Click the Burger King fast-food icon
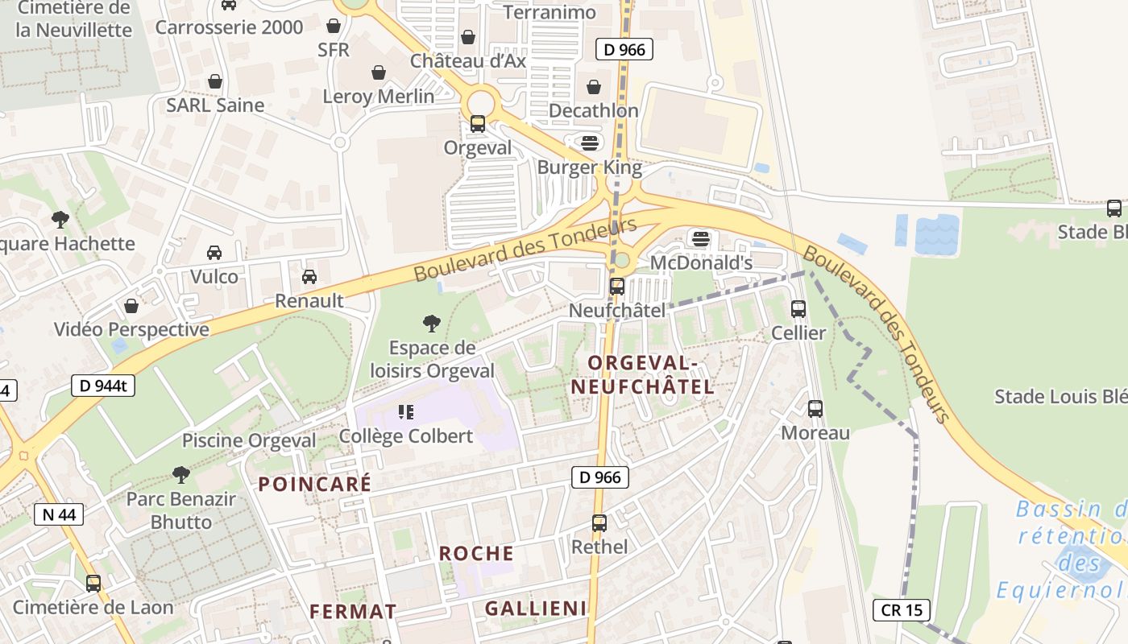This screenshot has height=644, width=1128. (591, 143)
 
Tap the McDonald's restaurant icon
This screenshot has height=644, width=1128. (701, 238)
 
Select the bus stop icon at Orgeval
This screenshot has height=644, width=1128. (478, 124)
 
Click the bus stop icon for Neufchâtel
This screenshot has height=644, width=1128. (617, 286)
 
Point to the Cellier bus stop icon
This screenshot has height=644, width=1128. (798, 308)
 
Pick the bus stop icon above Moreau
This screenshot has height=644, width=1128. (815, 408)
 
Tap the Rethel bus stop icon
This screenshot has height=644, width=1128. (599, 522)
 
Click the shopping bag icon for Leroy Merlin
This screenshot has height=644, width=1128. (379, 73)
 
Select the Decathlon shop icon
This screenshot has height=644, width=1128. (594, 86)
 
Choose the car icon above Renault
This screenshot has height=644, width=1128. (309, 277)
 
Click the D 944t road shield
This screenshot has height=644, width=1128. (103, 386)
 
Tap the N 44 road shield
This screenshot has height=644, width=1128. (59, 514)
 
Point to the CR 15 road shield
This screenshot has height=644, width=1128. (902, 609)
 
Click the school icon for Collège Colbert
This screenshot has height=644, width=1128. (406, 412)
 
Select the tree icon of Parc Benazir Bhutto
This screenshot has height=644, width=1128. (181, 475)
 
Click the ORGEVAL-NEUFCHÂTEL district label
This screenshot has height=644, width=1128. (642, 374)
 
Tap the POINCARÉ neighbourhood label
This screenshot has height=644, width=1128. (314, 484)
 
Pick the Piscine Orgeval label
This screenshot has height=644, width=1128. (249, 440)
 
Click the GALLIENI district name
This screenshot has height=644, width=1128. (536, 609)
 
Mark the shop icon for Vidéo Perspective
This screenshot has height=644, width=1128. (131, 306)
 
